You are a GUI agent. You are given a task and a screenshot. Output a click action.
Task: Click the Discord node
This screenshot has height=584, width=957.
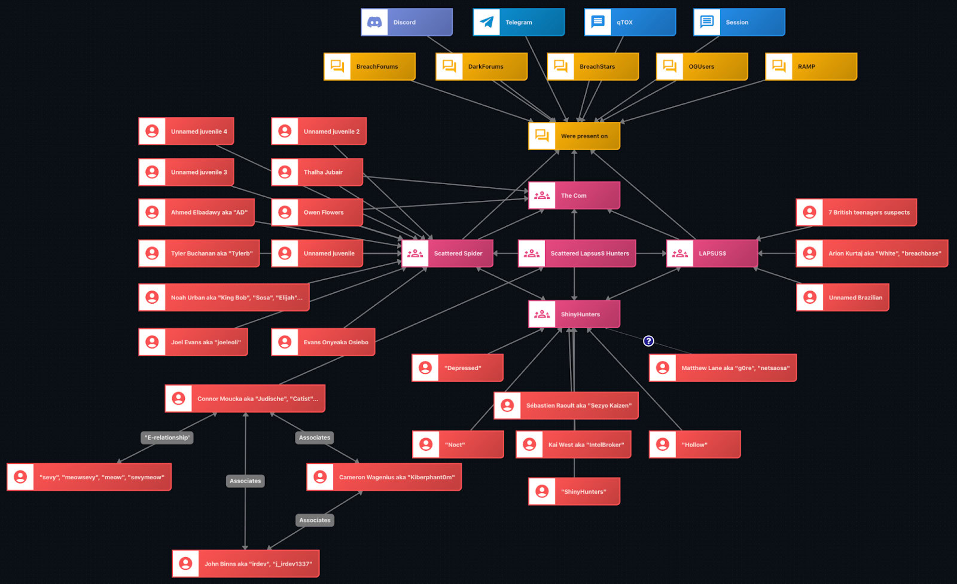407,22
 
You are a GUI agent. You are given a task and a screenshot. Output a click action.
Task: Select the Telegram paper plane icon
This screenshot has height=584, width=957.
487,22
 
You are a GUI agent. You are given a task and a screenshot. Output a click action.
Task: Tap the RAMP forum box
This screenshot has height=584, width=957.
811,66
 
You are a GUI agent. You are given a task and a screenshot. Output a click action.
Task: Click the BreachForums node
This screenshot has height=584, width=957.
370,66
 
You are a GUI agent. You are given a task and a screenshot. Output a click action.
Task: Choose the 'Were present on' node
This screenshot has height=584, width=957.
574,136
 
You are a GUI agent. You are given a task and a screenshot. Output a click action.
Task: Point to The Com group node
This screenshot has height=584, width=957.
574,195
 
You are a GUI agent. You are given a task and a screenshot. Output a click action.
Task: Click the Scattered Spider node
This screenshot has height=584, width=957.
447,253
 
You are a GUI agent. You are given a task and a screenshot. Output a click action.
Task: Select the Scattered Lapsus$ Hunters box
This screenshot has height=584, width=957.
577,253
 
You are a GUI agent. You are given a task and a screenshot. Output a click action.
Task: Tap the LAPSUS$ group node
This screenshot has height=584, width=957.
712,253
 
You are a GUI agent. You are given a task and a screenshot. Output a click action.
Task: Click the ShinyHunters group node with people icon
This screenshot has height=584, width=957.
574,314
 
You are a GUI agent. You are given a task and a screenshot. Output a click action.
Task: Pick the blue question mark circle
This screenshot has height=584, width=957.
648,341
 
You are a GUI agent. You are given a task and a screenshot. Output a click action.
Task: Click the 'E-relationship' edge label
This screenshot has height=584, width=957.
167,438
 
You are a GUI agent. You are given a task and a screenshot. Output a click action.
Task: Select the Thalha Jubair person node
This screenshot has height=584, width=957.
317,172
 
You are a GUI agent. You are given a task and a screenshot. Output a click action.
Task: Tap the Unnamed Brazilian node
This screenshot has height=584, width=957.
843,298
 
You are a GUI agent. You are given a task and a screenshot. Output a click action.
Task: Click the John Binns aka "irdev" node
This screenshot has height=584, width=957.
246,564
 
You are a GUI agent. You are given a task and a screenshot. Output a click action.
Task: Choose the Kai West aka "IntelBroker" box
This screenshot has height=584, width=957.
574,445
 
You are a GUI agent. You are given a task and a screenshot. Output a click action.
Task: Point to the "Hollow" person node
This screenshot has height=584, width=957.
695,445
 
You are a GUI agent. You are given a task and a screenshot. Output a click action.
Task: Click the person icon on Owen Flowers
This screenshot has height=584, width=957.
285,212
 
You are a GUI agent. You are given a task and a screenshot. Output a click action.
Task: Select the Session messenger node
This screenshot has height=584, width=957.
739,22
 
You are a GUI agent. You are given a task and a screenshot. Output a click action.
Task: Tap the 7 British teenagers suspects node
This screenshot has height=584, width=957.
857,212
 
